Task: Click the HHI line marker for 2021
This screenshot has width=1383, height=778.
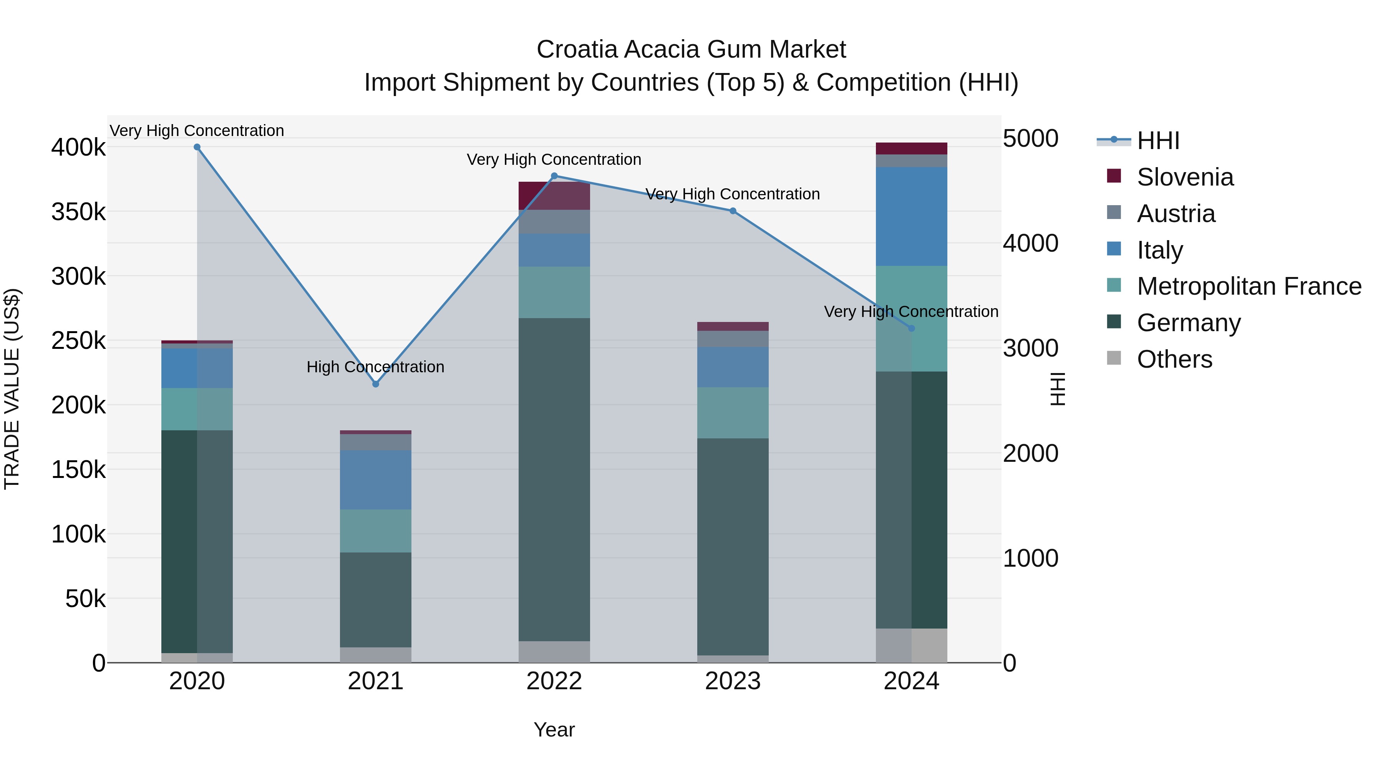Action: coord(375,384)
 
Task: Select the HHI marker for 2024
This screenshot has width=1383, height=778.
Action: coord(911,328)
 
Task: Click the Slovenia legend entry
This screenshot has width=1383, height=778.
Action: coord(1185,177)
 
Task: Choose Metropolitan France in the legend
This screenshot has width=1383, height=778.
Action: coord(1249,286)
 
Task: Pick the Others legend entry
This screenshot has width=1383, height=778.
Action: coord(1174,359)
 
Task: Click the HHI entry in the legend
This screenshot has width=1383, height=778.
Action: coord(1157,141)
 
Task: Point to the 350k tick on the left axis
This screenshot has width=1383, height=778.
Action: coord(78,212)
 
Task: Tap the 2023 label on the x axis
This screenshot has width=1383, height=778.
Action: coord(732,681)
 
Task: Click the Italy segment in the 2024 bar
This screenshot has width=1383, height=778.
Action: coord(911,216)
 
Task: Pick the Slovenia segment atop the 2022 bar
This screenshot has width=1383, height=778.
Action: coord(554,196)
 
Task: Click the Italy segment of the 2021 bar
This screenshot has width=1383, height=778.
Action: coord(375,479)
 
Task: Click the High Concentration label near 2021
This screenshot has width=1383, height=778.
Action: coord(375,367)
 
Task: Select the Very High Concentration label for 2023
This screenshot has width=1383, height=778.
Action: coord(732,194)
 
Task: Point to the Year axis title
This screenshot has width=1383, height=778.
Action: coord(554,730)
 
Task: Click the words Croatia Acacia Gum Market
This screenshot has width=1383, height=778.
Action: coord(691,50)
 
